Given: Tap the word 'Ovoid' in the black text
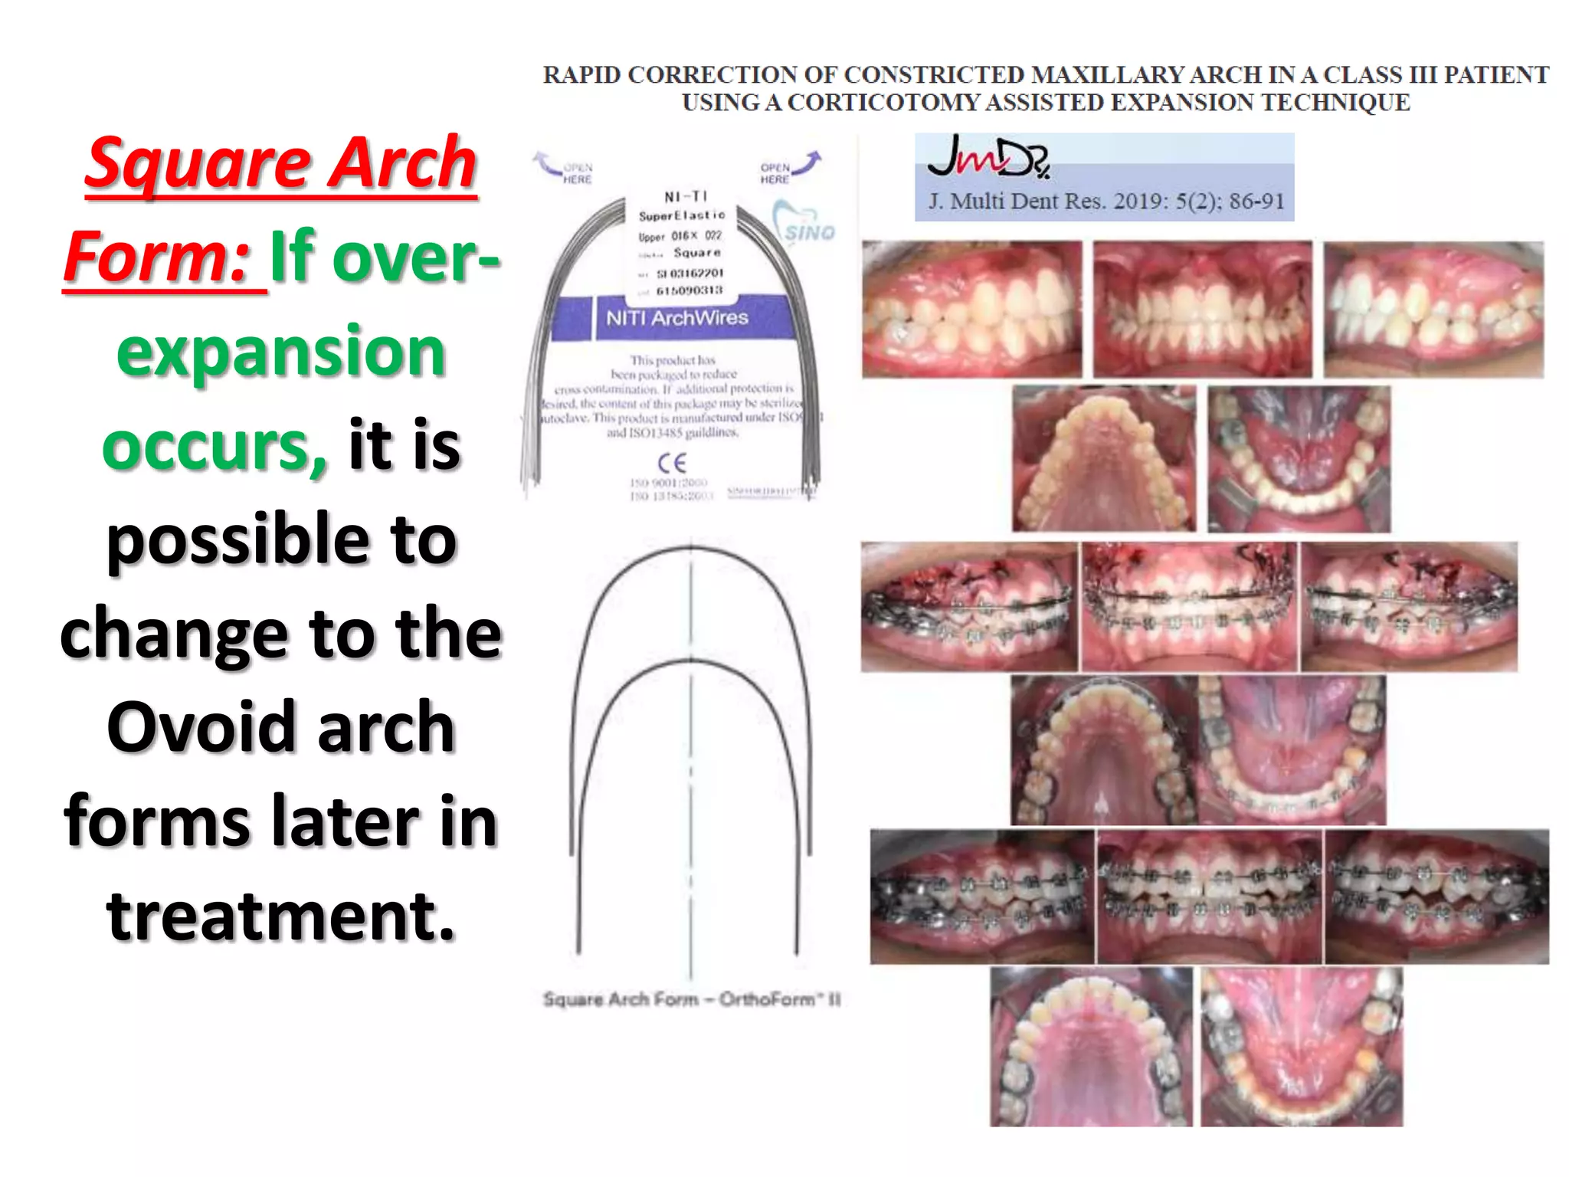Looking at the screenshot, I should tap(205, 726).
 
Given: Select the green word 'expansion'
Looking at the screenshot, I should tap(280, 351).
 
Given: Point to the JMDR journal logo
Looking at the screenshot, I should tap(988, 157).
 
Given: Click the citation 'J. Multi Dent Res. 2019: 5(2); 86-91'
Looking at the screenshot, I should tap(1106, 202).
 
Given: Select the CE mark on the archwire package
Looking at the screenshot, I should tap(672, 463).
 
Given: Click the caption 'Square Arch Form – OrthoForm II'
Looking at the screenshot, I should tap(692, 999).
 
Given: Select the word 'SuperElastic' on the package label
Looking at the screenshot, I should tap(681, 216).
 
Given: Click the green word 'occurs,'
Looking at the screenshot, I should tap(215, 446).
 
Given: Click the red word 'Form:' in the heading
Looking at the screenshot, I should tap(156, 257).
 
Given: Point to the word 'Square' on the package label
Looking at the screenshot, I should tap(696, 253).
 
